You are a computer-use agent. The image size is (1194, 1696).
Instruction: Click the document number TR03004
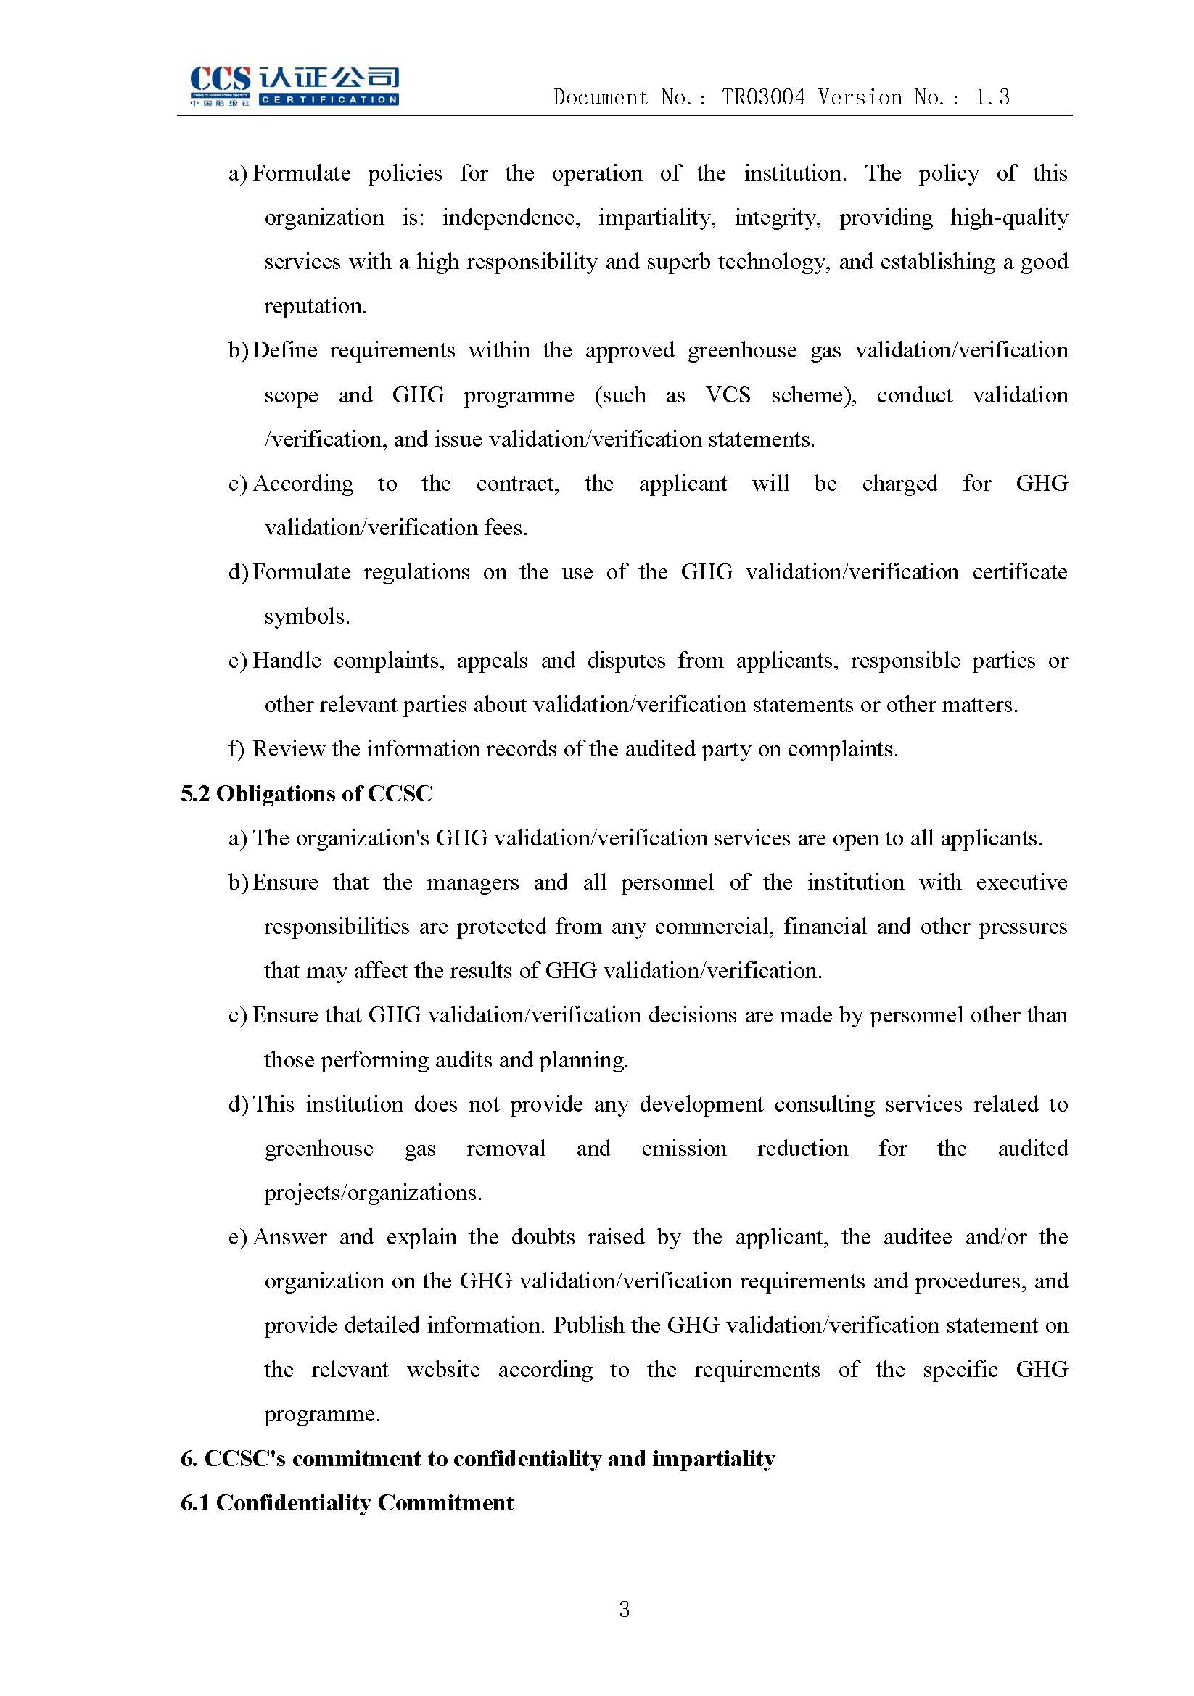(763, 97)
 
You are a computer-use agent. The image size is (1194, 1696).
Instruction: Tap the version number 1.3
(992, 97)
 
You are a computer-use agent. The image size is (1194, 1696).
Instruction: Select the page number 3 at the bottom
(625, 1610)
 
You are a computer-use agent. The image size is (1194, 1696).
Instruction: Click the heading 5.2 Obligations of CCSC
(307, 794)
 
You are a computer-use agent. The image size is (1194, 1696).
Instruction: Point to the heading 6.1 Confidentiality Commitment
(347, 1503)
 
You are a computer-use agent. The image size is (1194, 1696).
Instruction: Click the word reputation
(315, 307)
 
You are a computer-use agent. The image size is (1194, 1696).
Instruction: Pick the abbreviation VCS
(728, 395)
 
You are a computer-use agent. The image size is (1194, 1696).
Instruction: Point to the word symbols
(307, 617)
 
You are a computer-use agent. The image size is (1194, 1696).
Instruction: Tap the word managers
(473, 882)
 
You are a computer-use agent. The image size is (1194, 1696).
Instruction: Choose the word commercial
(714, 927)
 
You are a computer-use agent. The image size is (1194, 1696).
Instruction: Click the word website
(443, 1370)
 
